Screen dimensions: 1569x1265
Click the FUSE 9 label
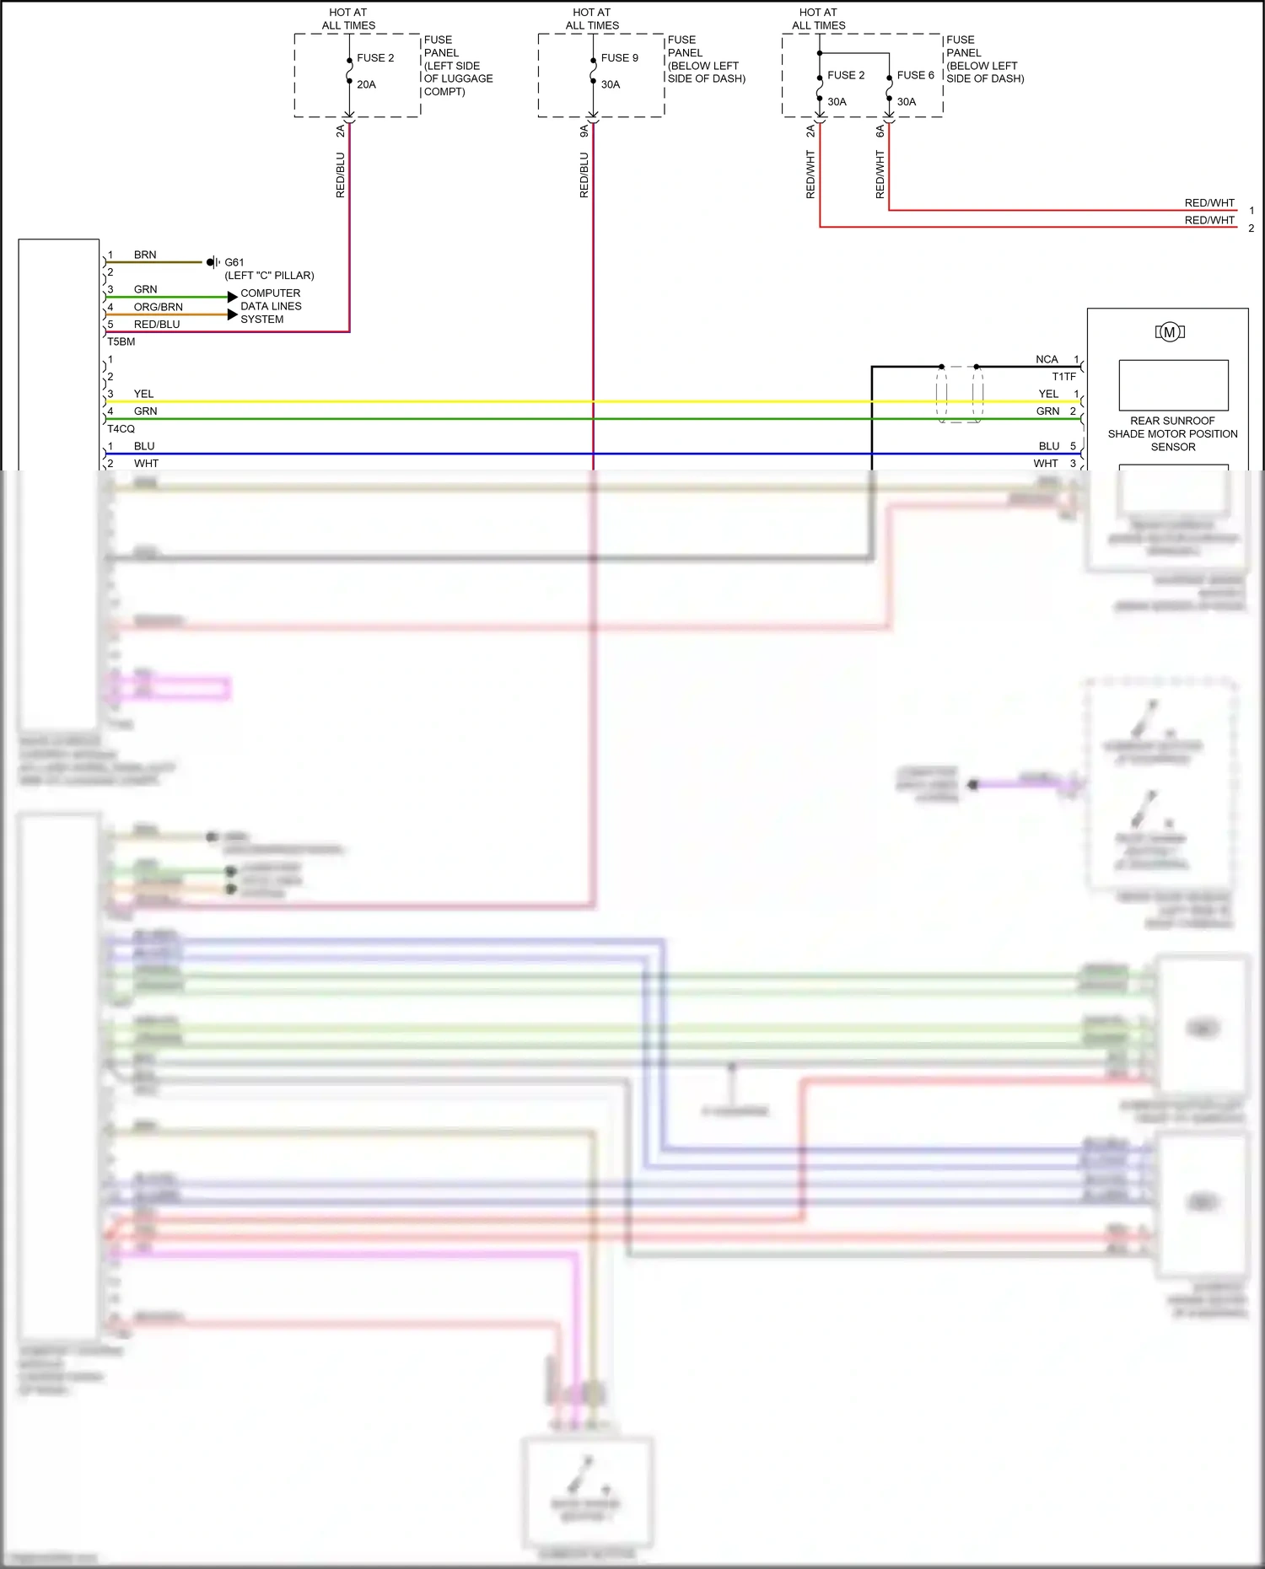coord(619,58)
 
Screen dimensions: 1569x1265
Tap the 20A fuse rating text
coord(366,84)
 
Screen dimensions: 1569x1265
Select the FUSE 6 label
coord(915,75)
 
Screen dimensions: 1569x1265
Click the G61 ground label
coord(234,262)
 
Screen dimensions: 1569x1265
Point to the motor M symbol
coord(1169,332)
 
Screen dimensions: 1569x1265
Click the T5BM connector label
coord(121,341)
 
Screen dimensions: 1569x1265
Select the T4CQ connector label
coord(121,428)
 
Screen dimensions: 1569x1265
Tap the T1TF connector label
coord(1063,377)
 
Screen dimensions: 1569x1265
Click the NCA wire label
coord(1046,359)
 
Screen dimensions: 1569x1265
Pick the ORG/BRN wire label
coord(158,307)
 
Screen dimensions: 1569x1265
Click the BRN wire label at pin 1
coord(144,255)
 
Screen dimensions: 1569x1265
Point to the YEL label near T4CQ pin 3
coord(143,394)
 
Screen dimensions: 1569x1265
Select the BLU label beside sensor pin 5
coord(1048,446)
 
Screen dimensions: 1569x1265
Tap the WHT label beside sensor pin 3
coord(1045,464)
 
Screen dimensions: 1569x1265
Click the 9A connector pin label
coord(584,132)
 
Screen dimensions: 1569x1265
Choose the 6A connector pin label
coord(880,132)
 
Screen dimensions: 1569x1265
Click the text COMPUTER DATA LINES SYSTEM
coord(270,306)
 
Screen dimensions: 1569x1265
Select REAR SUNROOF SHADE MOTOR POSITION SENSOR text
coord(1172,433)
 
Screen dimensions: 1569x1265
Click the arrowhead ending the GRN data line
coord(232,297)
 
